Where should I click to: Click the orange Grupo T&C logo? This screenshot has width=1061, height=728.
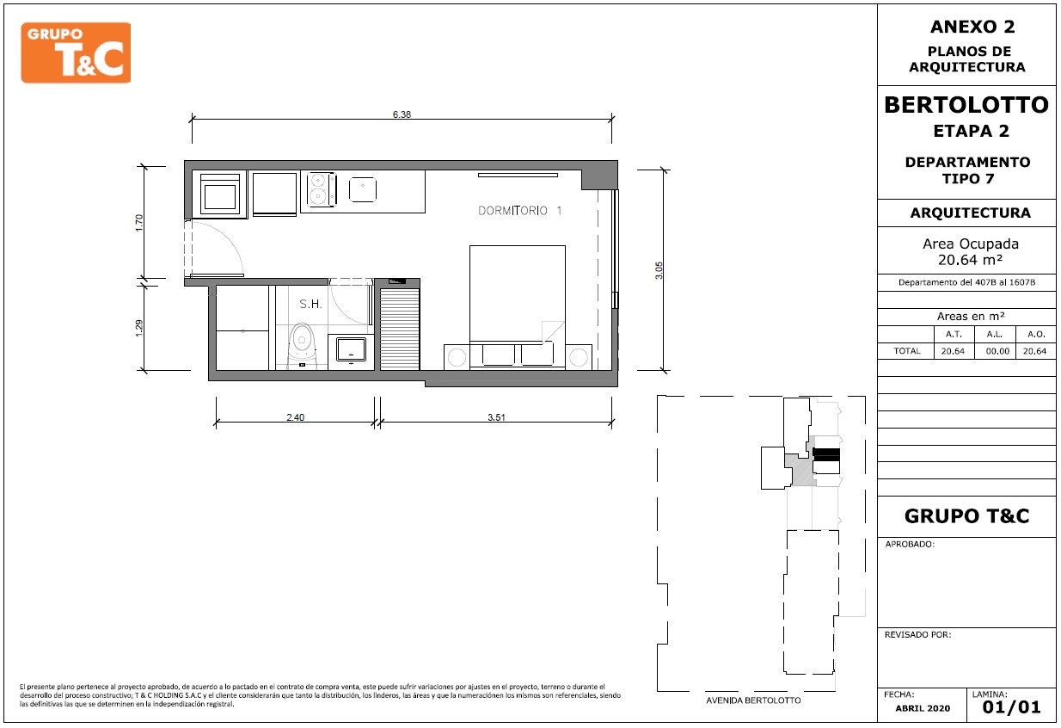76,52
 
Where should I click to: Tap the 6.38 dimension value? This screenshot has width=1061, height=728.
402,114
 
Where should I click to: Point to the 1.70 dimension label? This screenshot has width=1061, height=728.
138,223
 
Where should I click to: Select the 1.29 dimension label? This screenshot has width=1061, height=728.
138,328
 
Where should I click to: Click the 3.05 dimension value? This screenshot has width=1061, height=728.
659,270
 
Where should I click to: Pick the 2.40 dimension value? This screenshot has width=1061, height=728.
295,417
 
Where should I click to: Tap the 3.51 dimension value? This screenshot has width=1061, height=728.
496,417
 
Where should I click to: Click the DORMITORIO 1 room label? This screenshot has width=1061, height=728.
519,211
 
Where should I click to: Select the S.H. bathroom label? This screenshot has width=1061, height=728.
310,304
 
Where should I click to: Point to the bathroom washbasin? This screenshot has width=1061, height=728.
351,349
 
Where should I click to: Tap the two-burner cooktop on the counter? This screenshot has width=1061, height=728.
322,189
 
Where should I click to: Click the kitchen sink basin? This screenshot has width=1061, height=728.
363,189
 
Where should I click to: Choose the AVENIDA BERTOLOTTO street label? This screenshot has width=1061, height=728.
753,700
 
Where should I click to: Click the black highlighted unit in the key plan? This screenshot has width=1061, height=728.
826,454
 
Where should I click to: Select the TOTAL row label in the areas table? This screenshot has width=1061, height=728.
906,351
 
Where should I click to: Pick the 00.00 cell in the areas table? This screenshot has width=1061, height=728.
997,351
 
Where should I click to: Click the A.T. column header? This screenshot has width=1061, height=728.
954,334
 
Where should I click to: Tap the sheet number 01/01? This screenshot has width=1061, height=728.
1012,706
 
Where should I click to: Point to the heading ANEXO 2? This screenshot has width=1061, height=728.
972,27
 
